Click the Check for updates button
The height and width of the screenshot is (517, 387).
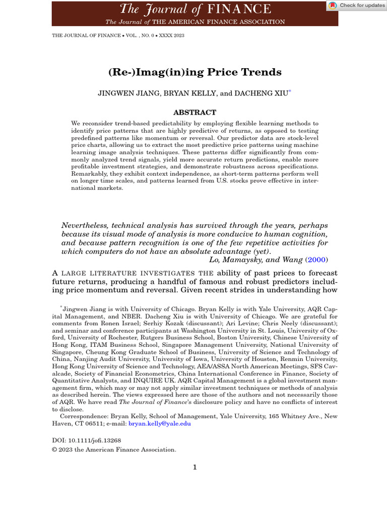click(x=356, y=6)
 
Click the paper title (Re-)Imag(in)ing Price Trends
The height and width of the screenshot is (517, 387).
click(x=195, y=72)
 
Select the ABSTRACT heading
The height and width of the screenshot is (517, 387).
click(x=195, y=113)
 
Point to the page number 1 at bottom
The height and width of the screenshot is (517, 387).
click(x=195, y=467)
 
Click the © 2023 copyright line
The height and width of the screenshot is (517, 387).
click(x=114, y=449)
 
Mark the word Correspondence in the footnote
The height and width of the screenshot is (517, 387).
click(x=83, y=417)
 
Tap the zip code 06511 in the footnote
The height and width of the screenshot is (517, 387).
click(x=92, y=424)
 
